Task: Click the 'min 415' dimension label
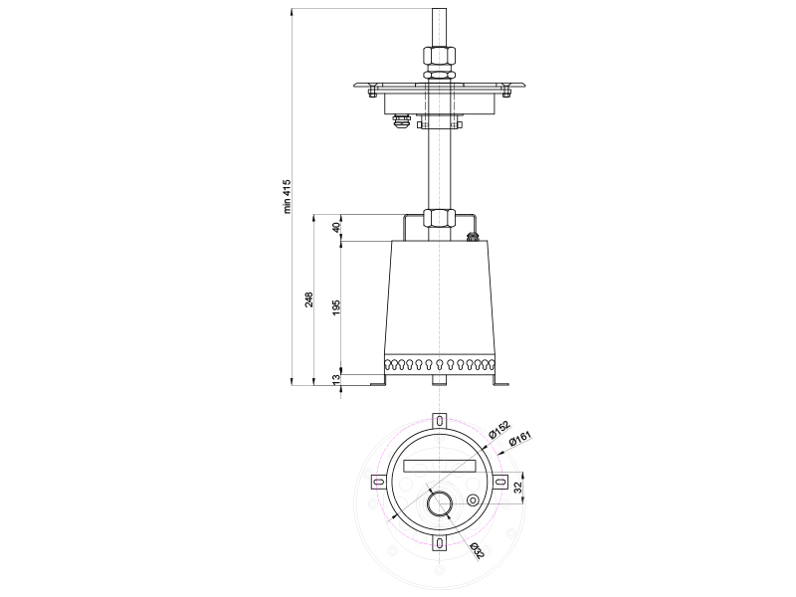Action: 288,196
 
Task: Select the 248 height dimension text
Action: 308,299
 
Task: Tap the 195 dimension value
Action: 336,308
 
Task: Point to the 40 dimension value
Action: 336,228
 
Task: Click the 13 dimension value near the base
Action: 336,379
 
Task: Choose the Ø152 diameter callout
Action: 499,430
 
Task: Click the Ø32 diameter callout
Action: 478,551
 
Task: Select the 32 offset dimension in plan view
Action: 517,488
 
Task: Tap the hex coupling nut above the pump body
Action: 439,218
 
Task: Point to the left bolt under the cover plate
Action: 371,92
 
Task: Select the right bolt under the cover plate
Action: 505,92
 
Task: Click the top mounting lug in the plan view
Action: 439,421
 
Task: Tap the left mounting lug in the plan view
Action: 379,482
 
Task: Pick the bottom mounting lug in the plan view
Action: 439,542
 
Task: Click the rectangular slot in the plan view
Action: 439,466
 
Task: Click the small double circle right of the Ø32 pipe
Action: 474,500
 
